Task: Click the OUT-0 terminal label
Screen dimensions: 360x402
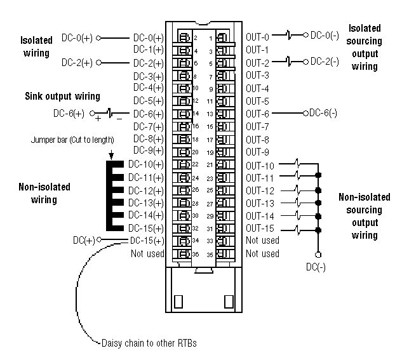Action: pyautogui.click(x=257, y=37)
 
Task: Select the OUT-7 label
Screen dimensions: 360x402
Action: pyautogui.click(x=257, y=126)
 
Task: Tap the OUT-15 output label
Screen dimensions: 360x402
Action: pyautogui.click(x=260, y=228)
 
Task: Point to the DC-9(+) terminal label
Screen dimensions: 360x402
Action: pyautogui.click(x=149, y=150)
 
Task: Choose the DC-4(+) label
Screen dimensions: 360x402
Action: pyautogui.click(x=149, y=88)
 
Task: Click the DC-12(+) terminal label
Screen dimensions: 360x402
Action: pyautogui.click(x=145, y=190)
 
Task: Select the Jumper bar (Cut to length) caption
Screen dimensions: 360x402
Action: pyautogui.click(x=72, y=140)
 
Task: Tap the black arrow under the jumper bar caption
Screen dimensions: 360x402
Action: pyautogui.click(x=111, y=154)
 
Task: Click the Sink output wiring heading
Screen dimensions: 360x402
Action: pyautogui.click(x=63, y=97)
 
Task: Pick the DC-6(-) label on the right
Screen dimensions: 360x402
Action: pyautogui.click(x=323, y=113)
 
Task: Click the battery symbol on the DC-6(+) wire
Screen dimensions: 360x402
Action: pyautogui.click(x=109, y=114)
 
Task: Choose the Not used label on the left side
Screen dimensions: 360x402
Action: pyautogui.click(x=147, y=253)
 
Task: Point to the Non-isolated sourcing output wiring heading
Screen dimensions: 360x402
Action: pyautogui.click(x=360, y=217)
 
